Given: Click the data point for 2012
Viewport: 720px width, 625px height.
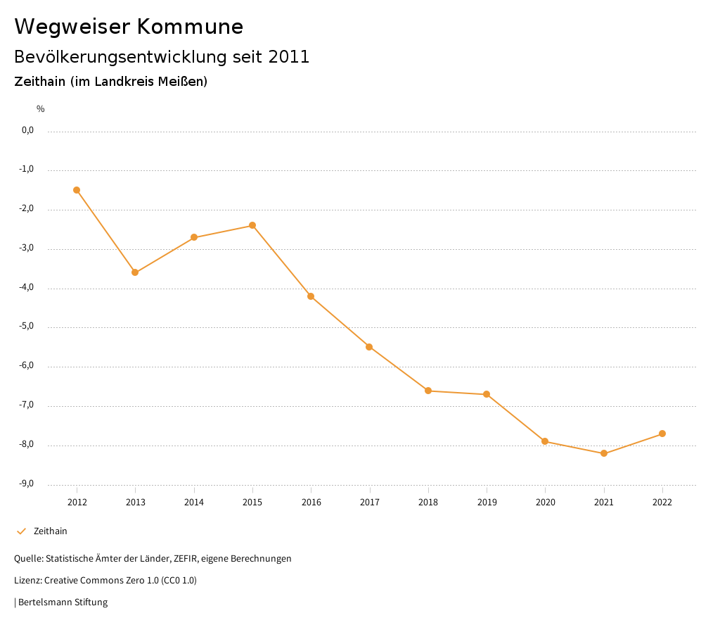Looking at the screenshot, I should (77, 190).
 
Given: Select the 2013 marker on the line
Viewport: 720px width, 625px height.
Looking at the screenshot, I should (135, 272).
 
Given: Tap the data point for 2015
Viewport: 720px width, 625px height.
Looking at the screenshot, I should (252, 225).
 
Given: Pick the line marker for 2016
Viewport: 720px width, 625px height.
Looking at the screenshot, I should (311, 296).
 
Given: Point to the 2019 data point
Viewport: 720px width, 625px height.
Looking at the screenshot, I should (487, 394).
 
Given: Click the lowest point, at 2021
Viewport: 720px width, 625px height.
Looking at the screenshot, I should (604, 453).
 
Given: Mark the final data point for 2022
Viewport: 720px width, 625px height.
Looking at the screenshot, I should (662, 434).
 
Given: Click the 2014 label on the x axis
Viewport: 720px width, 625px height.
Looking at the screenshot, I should (194, 503).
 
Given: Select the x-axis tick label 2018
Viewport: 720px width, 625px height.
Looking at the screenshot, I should (428, 503).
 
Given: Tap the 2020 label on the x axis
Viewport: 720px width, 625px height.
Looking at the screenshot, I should (546, 503).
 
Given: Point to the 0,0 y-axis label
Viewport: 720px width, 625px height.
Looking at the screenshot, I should (27, 130).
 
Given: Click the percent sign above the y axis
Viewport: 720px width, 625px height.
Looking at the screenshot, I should (41, 109).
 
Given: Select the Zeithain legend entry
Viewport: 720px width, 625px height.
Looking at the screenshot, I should (50, 531).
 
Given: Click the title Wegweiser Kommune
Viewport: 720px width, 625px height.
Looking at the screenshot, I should (129, 27).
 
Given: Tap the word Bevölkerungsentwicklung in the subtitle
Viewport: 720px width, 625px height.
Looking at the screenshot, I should (120, 57).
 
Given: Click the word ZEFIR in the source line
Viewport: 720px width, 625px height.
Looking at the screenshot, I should (186, 559).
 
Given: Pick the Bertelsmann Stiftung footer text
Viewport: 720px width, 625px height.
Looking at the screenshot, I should (63, 602).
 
